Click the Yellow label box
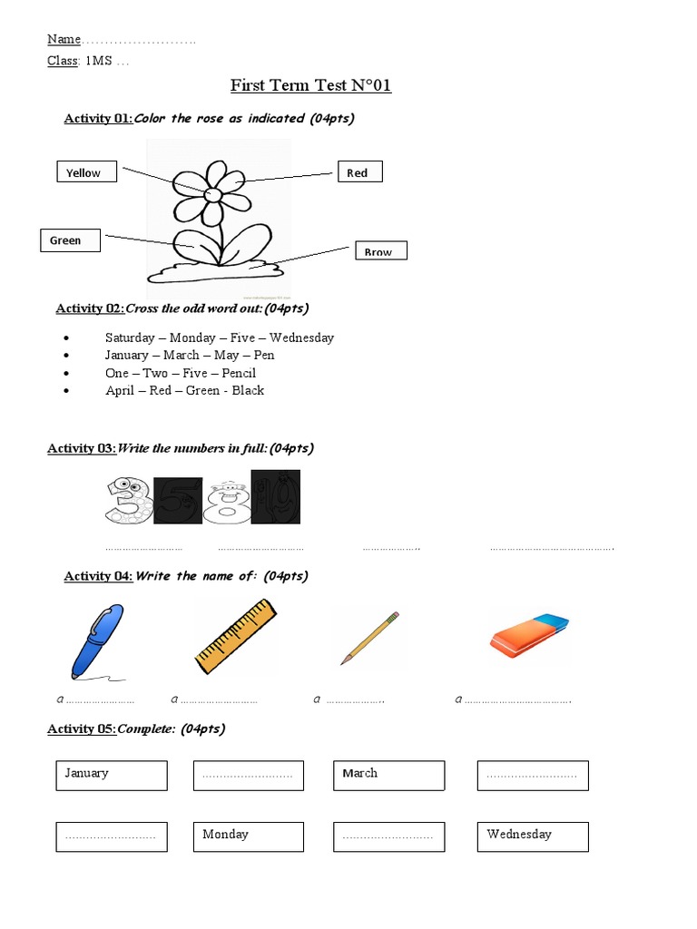pos(86,171)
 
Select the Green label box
pos(70,240)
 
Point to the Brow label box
pos(379,250)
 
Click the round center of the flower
pos(213,195)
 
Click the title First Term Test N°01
pos(310,86)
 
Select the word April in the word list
pos(120,390)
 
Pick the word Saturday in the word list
pos(131,337)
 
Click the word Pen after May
pos(264,355)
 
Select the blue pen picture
pos(96,641)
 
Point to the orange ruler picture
pos(235,637)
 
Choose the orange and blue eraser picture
pos(530,634)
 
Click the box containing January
pos(112,775)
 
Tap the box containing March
pos(388,775)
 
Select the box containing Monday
pos(248,836)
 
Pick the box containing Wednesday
pos(533,836)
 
